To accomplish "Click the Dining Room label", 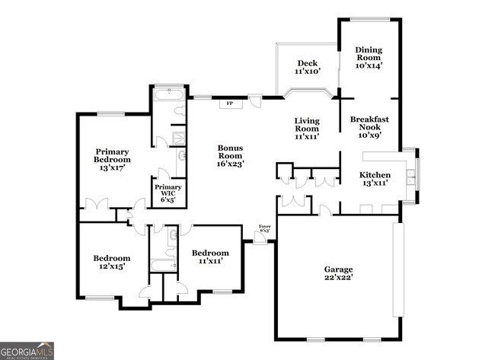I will pos(369,58).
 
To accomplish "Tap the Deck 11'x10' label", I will pos(307,67).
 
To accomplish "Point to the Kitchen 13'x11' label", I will pos(375,179).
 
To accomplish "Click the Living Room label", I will pos(307,129).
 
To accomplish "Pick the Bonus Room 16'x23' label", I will pos(230,155).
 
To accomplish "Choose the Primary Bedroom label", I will pos(112,160).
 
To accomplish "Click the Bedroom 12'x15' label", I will pos(112,263).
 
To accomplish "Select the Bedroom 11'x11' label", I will pos(209,257).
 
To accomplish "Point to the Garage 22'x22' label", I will pos(338,274).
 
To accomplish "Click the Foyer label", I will pos(264,228).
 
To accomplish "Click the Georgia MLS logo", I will pos(27,350).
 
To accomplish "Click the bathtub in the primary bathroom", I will pos(168,96).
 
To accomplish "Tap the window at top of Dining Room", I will pos(369,19).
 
